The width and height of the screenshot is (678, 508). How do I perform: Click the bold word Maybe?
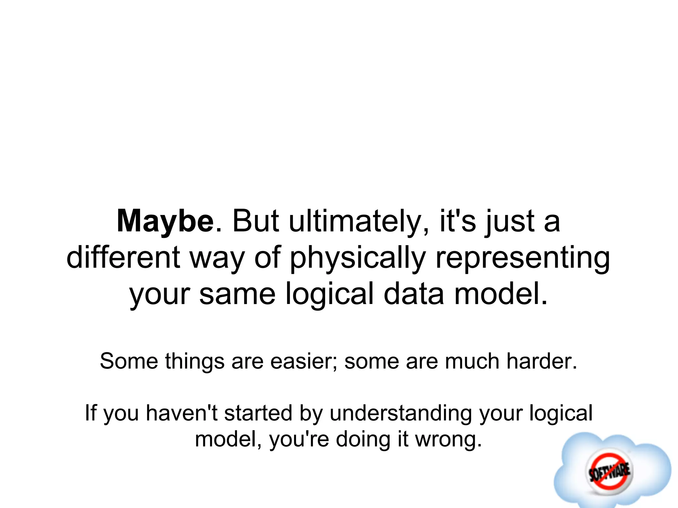(x=165, y=222)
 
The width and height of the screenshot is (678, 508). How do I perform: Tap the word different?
(x=123, y=258)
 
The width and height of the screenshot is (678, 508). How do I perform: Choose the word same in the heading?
(x=237, y=294)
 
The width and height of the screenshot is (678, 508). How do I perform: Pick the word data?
(x=413, y=294)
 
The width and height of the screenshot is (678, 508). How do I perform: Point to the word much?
(x=472, y=361)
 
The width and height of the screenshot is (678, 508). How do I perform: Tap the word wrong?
(x=448, y=440)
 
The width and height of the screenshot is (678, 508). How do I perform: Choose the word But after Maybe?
(x=255, y=222)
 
